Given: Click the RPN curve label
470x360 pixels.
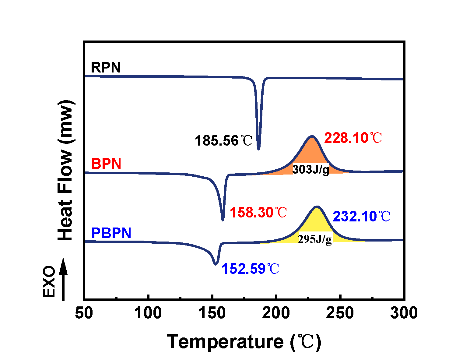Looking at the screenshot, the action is pos(106,68).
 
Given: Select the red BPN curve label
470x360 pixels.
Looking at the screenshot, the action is pos(106,164).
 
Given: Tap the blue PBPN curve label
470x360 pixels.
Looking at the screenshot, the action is pos(111,233).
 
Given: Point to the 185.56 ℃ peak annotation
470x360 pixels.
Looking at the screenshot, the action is pos(223,141).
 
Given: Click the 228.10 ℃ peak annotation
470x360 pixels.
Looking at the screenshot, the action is pos(353,138).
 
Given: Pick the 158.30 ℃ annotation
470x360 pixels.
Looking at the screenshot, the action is pos(258,213).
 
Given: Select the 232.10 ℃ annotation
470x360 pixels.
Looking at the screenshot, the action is pos(361,216).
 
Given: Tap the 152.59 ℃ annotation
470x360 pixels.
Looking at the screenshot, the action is pos(250,269).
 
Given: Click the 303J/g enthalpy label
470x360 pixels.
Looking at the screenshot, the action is pos(311,169).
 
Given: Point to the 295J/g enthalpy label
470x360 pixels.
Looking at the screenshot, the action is pos(315,239).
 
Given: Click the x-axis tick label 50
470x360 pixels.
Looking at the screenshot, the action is pos(84,313).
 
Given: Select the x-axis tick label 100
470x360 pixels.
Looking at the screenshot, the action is pos(148,313).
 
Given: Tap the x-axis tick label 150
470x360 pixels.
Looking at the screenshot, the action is pos(212,313).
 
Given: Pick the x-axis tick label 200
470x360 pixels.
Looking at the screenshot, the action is pos(276,313).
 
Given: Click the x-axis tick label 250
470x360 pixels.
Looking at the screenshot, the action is pos(340,313).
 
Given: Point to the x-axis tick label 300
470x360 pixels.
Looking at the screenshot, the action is pos(404,313).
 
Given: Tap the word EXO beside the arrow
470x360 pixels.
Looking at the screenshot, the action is pos(49,281).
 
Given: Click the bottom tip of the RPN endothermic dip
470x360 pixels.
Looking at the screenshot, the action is pos(259,149).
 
